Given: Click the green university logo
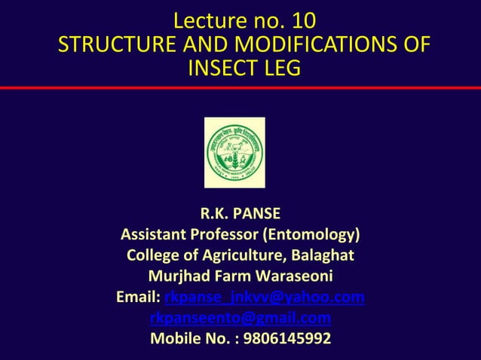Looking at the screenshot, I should pos(234,152).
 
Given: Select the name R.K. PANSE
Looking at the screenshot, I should pos(240,212).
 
